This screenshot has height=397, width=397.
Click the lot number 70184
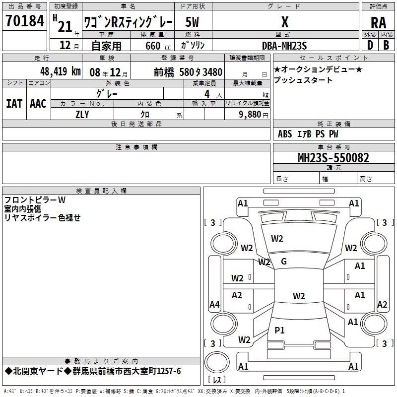click(25, 21)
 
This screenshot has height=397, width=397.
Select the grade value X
click(285, 22)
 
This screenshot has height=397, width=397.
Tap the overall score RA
click(379, 23)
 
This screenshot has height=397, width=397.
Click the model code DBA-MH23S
click(284, 46)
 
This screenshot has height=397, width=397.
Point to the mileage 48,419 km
click(61, 71)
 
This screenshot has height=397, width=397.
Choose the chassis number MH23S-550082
click(333, 158)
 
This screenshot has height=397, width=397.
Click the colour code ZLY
click(82, 115)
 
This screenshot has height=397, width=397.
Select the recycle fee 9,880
click(250, 115)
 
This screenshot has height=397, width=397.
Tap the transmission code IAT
click(14, 104)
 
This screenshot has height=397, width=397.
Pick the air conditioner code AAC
click(38, 104)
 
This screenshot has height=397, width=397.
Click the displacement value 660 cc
click(158, 46)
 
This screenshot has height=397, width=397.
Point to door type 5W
click(192, 22)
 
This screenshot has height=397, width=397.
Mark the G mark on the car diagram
click(284, 262)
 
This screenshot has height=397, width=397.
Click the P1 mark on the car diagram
click(279, 330)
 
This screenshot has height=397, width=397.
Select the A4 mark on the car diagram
click(214, 304)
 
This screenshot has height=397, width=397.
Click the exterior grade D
click(370, 45)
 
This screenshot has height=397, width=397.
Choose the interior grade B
click(386, 45)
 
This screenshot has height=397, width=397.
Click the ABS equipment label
click(285, 134)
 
